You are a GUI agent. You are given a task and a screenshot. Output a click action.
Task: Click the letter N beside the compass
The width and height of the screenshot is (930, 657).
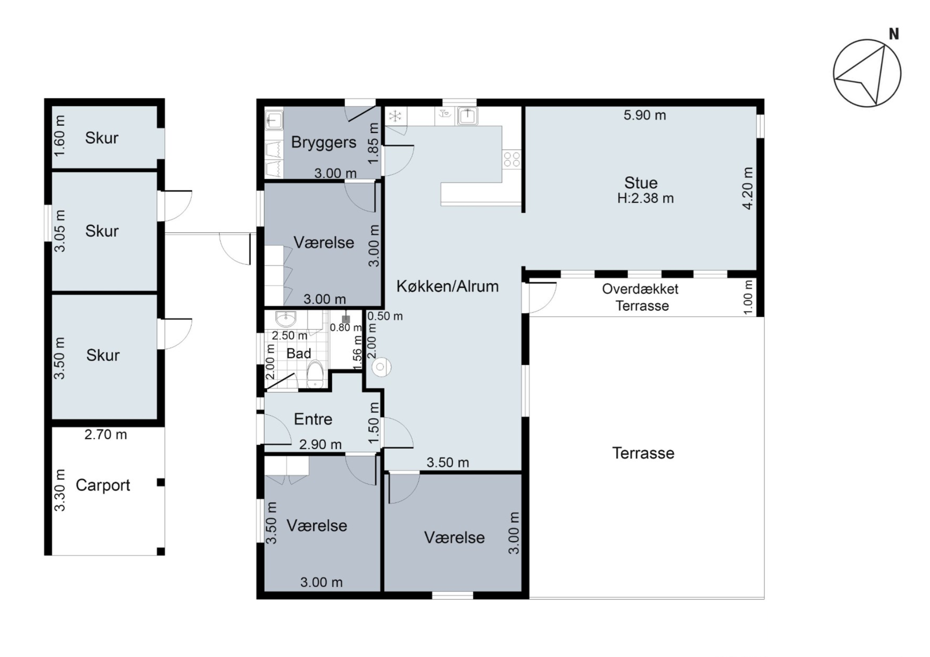[894, 34]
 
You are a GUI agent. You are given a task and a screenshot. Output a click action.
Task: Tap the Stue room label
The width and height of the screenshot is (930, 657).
[640, 183]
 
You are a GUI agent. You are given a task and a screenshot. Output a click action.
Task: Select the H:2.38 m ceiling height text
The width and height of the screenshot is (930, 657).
[645, 198]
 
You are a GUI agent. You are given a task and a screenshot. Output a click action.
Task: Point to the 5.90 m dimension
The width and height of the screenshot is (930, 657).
[645, 115]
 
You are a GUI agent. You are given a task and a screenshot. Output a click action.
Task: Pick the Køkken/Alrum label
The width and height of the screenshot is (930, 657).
[447, 286]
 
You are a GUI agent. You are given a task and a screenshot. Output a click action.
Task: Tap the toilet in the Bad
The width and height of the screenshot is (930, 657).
[315, 375]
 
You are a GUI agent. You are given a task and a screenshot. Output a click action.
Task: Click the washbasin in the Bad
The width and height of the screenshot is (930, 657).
[286, 318]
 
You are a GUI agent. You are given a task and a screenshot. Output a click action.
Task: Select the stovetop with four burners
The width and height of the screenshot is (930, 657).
[511, 159]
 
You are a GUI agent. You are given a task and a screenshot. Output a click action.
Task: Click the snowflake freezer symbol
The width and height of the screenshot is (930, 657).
[395, 117]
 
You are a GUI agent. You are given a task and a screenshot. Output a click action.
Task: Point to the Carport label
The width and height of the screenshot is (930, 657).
[103, 485]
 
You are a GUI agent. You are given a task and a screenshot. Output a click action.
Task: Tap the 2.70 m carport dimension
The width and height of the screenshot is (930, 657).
[106, 434]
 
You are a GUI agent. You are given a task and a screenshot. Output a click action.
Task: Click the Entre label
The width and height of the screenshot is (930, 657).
[313, 419]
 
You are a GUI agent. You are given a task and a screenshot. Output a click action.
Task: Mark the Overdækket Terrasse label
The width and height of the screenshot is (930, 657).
[640, 297]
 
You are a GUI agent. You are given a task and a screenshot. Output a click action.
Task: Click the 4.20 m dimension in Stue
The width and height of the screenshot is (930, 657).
[748, 188]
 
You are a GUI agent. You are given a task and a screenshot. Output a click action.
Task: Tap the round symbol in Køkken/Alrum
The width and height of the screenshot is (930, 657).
[380, 367]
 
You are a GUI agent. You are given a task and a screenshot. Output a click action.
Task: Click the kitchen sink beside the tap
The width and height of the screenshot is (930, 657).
[468, 116]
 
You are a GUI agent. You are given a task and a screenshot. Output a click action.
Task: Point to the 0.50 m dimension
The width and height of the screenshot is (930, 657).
[385, 316]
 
